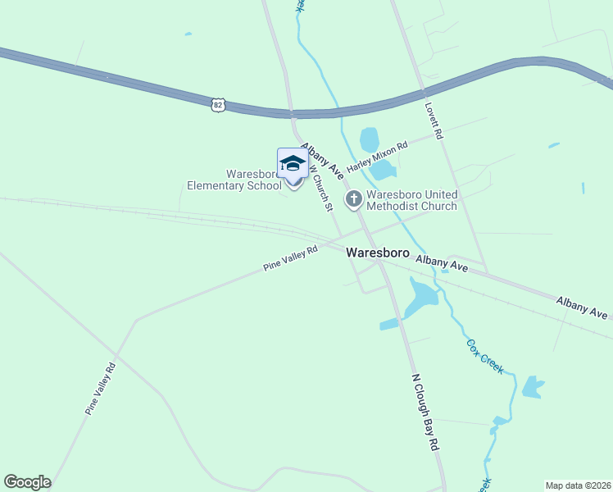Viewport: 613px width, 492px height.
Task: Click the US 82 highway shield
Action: pyautogui.click(x=216, y=104)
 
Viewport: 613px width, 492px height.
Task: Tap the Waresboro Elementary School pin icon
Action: pyautogui.click(x=293, y=166)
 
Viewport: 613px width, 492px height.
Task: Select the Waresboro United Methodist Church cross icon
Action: pyautogui.click(x=354, y=198)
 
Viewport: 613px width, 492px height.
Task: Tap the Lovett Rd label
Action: pyautogui.click(x=433, y=121)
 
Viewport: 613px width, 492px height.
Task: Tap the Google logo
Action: pyautogui.click(x=27, y=482)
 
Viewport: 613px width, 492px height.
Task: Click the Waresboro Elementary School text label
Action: pyautogui.click(x=233, y=180)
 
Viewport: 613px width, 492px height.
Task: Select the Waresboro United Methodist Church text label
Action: pyautogui.click(x=411, y=200)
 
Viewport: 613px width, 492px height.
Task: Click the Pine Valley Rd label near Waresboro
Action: pyautogui.click(x=290, y=259)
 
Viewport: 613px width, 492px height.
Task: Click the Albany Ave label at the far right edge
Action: pyautogui.click(x=582, y=308)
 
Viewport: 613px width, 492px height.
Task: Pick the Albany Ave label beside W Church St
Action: pyautogui.click(x=322, y=161)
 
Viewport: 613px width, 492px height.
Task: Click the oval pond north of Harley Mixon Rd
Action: pyautogui.click(x=370, y=139)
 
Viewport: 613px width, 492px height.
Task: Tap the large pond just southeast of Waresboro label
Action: pyautogui.click(x=420, y=299)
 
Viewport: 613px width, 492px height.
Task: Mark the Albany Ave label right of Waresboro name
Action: pyautogui.click(x=441, y=263)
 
